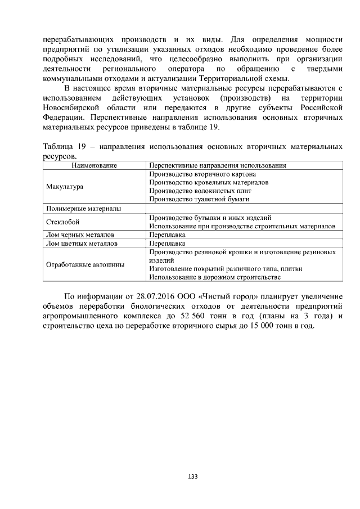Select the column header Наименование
pos(94,166)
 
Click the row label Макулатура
pos(65,186)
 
